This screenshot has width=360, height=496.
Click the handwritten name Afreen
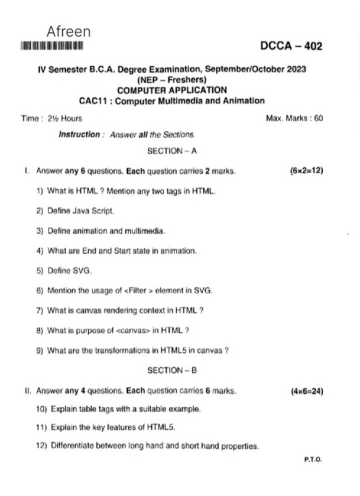tap(69, 32)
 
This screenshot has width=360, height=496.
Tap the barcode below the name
tap(52, 47)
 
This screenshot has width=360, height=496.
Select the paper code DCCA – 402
tap(291, 46)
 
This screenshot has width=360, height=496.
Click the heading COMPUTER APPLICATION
tap(171, 90)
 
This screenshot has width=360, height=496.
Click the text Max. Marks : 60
tap(294, 118)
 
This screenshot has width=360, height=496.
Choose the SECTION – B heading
tap(172, 371)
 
